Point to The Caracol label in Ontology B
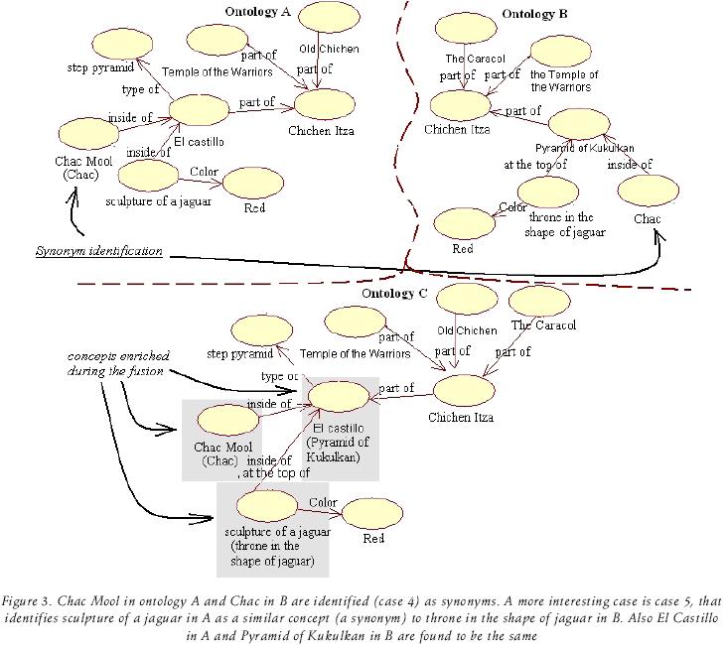tap(463, 58)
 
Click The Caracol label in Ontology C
tap(543, 324)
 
